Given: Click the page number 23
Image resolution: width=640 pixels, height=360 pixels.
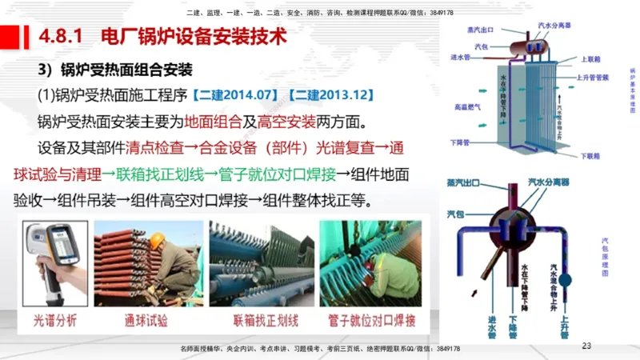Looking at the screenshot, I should (586, 346).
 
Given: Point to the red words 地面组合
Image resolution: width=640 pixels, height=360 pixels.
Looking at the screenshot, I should (210, 122).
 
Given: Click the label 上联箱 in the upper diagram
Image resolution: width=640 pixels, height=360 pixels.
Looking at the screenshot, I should (590, 59).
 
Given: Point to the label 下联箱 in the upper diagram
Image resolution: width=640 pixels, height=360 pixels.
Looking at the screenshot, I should (590, 156).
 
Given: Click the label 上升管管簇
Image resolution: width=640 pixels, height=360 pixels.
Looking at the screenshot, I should (593, 78).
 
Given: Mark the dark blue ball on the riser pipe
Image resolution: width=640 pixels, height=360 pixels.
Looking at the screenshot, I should (564, 281).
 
